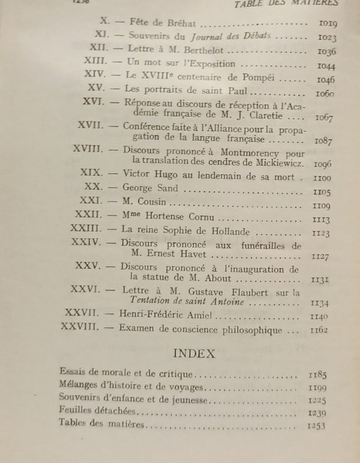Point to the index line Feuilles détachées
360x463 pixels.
click(97, 411)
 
